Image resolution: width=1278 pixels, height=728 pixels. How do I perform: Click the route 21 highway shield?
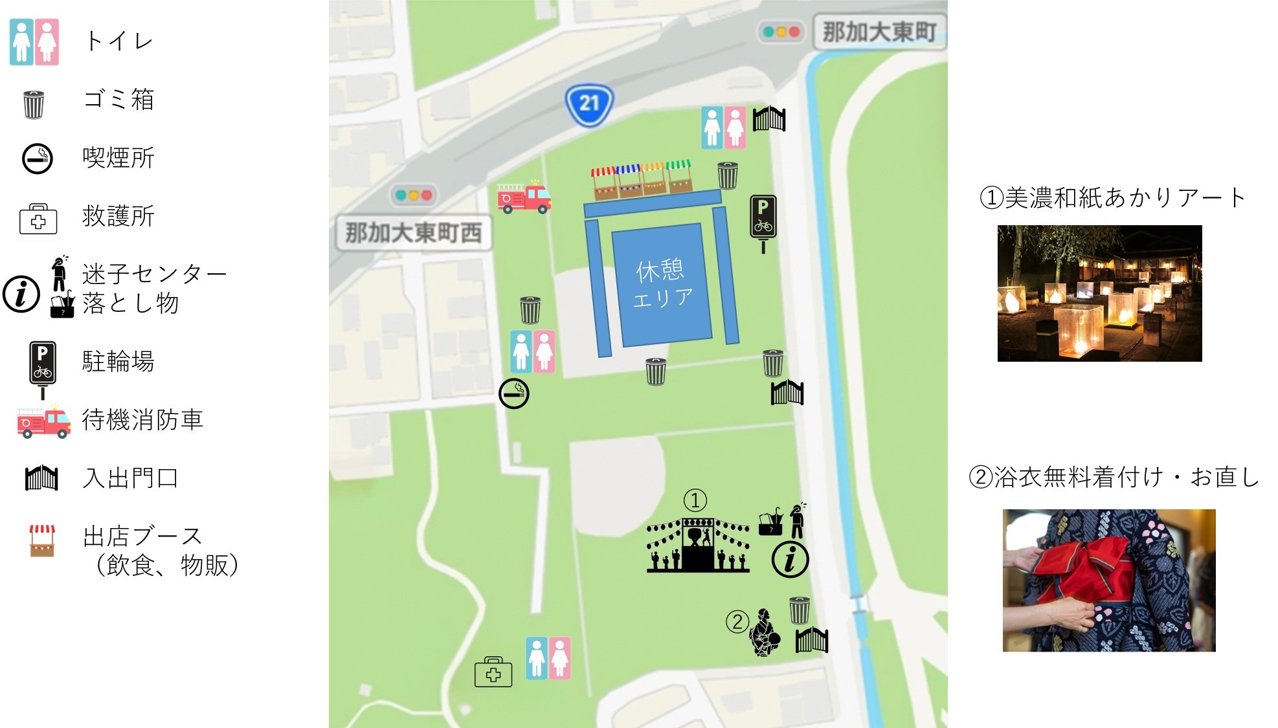click(x=589, y=104)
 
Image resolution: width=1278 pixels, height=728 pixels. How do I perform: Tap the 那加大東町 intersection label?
click(x=879, y=31)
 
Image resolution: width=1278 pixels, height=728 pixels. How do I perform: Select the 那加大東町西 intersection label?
click(x=413, y=233)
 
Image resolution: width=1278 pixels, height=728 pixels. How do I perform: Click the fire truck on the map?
click(x=523, y=197)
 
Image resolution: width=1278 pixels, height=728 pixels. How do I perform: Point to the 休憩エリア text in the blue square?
click(x=661, y=283)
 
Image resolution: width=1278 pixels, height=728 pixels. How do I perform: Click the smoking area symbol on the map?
click(x=513, y=393)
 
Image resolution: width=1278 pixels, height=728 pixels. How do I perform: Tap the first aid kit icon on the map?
click(x=493, y=672)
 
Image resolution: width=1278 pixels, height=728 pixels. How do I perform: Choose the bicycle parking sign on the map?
click(x=763, y=220)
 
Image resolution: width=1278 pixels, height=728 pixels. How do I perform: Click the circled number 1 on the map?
click(x=695, y=500)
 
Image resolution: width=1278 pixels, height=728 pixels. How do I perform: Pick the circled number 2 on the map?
click(x=737, y=621)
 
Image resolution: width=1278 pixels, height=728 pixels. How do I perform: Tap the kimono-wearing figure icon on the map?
click(x=765, y=632)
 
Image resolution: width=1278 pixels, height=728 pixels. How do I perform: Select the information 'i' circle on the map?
click(x=790, y=560)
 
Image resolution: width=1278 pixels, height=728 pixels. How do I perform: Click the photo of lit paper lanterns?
click(x=1099, y=293)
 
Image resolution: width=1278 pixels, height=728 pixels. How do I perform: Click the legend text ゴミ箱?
click(x=118, y=100)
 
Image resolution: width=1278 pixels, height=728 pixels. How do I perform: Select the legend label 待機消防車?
click(x=142, y=420)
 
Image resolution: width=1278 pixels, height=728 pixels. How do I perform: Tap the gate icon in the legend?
click(x=41, y=478)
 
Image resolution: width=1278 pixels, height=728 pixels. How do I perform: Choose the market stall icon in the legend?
click(x=42, y=540)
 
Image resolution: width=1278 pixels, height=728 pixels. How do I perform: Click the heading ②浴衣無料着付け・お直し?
click(x=1114, y=477)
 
